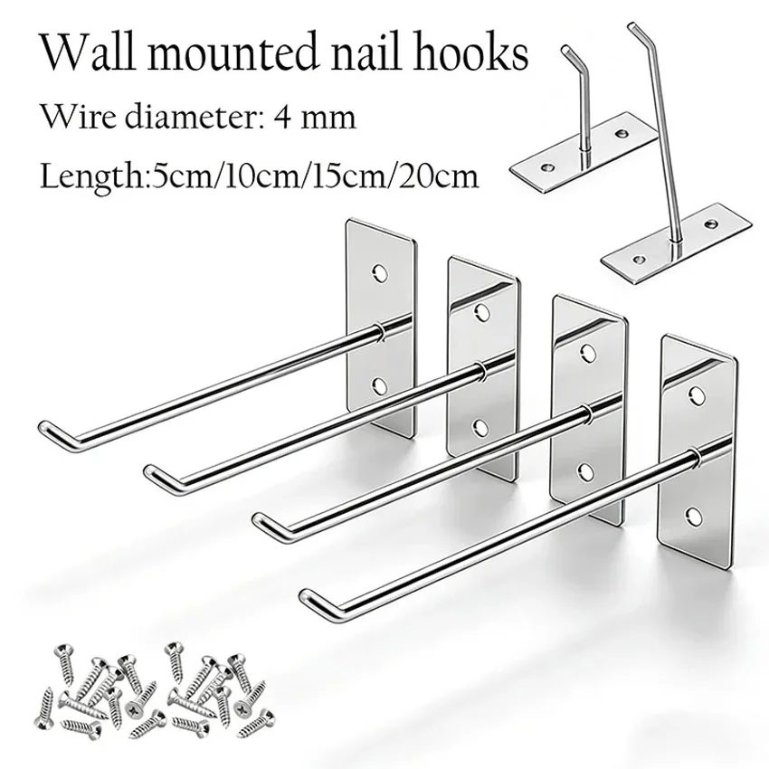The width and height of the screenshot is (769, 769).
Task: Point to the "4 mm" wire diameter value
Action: tap(314, 118)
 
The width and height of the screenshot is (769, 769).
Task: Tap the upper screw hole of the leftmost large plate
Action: tap(379, 273)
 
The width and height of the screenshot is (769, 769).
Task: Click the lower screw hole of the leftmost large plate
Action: tap(379, 386)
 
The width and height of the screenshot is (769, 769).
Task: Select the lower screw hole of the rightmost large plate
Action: tap(694, 515)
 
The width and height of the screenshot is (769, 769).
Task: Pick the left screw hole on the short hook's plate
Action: tap(546, 167)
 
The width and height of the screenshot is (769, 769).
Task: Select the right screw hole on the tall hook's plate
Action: tap(710, 224)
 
